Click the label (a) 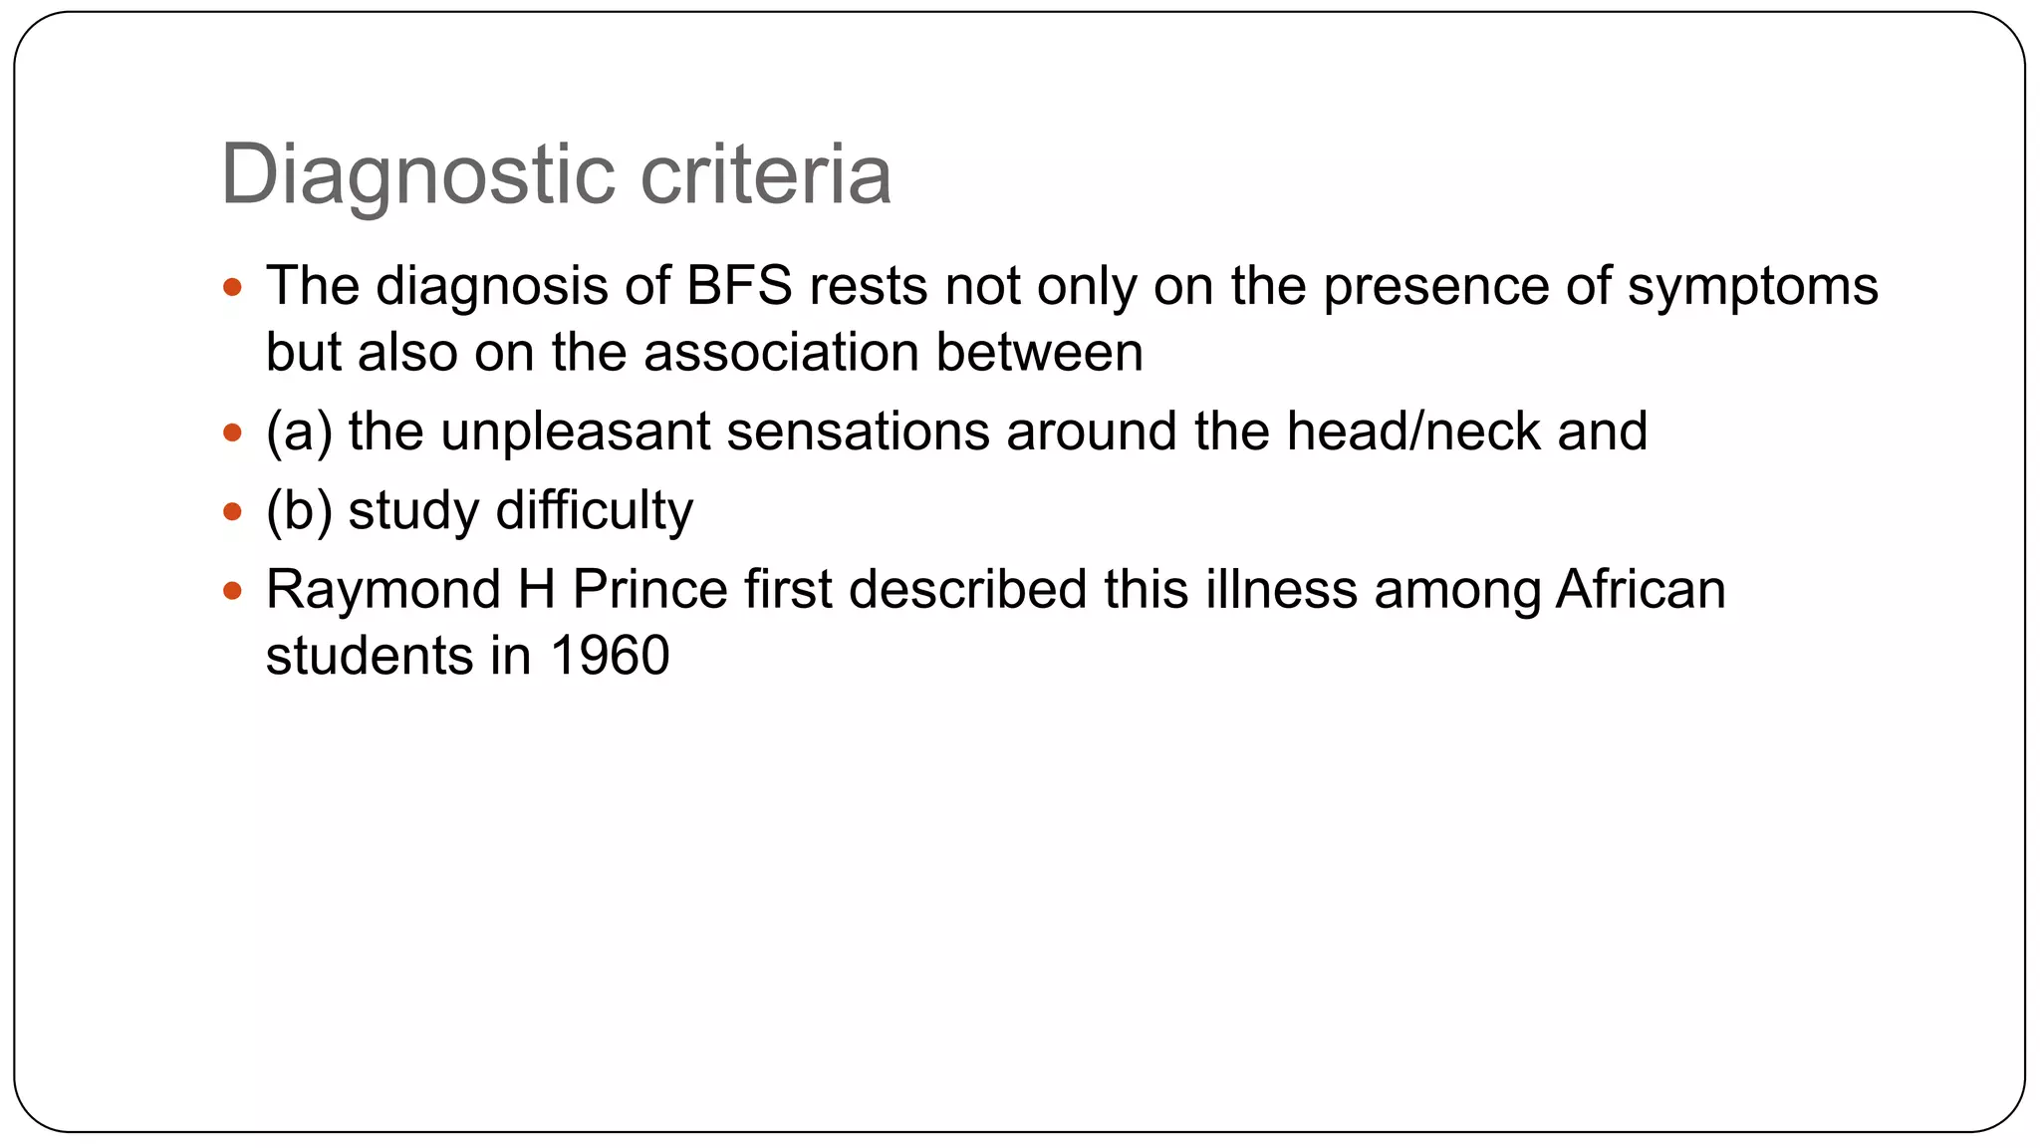(x=299, y=431)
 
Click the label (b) (x=299, y=510)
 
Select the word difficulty (x=594, y=510)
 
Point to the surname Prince (x=650, y=589)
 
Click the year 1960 (x=609, y=656)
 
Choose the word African (x=1641, y=589)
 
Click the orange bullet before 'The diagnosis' (x=233, y=288)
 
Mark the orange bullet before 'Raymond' (x=233, y=591)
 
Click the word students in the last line (x=370, y=656)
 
